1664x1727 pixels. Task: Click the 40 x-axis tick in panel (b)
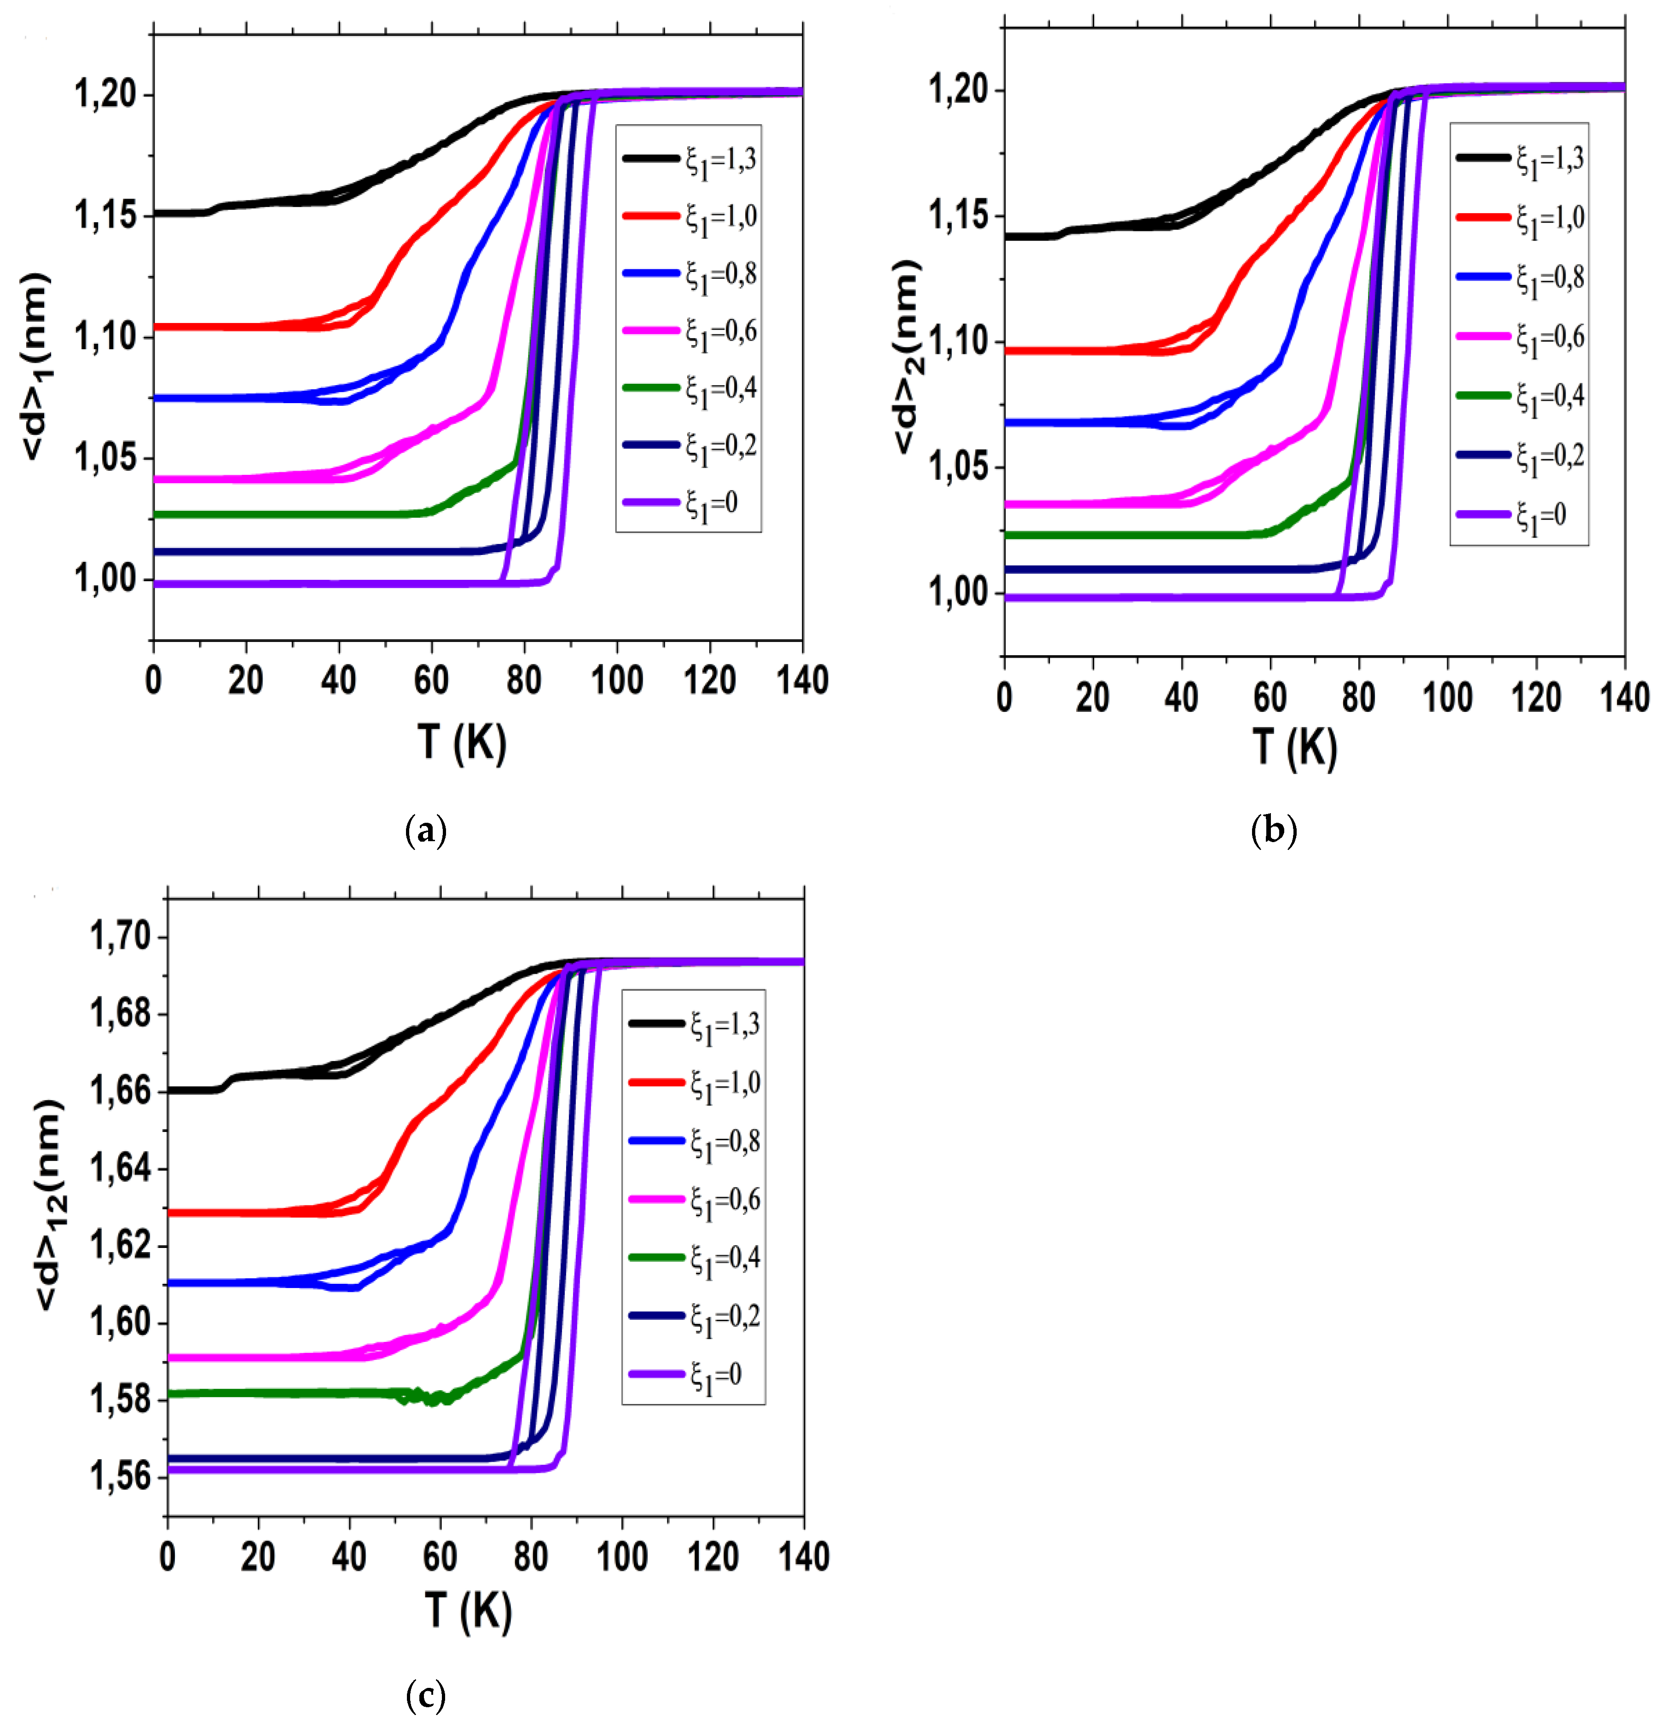point(1181,698)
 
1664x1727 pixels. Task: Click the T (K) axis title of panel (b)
point(1294,747)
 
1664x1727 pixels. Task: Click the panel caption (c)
point(426,1693)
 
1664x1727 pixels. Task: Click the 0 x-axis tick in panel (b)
point(1004,698)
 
